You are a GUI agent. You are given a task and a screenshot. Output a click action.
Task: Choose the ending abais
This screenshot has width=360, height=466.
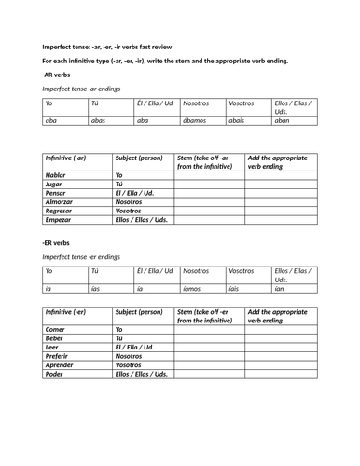(x=240, y=120)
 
